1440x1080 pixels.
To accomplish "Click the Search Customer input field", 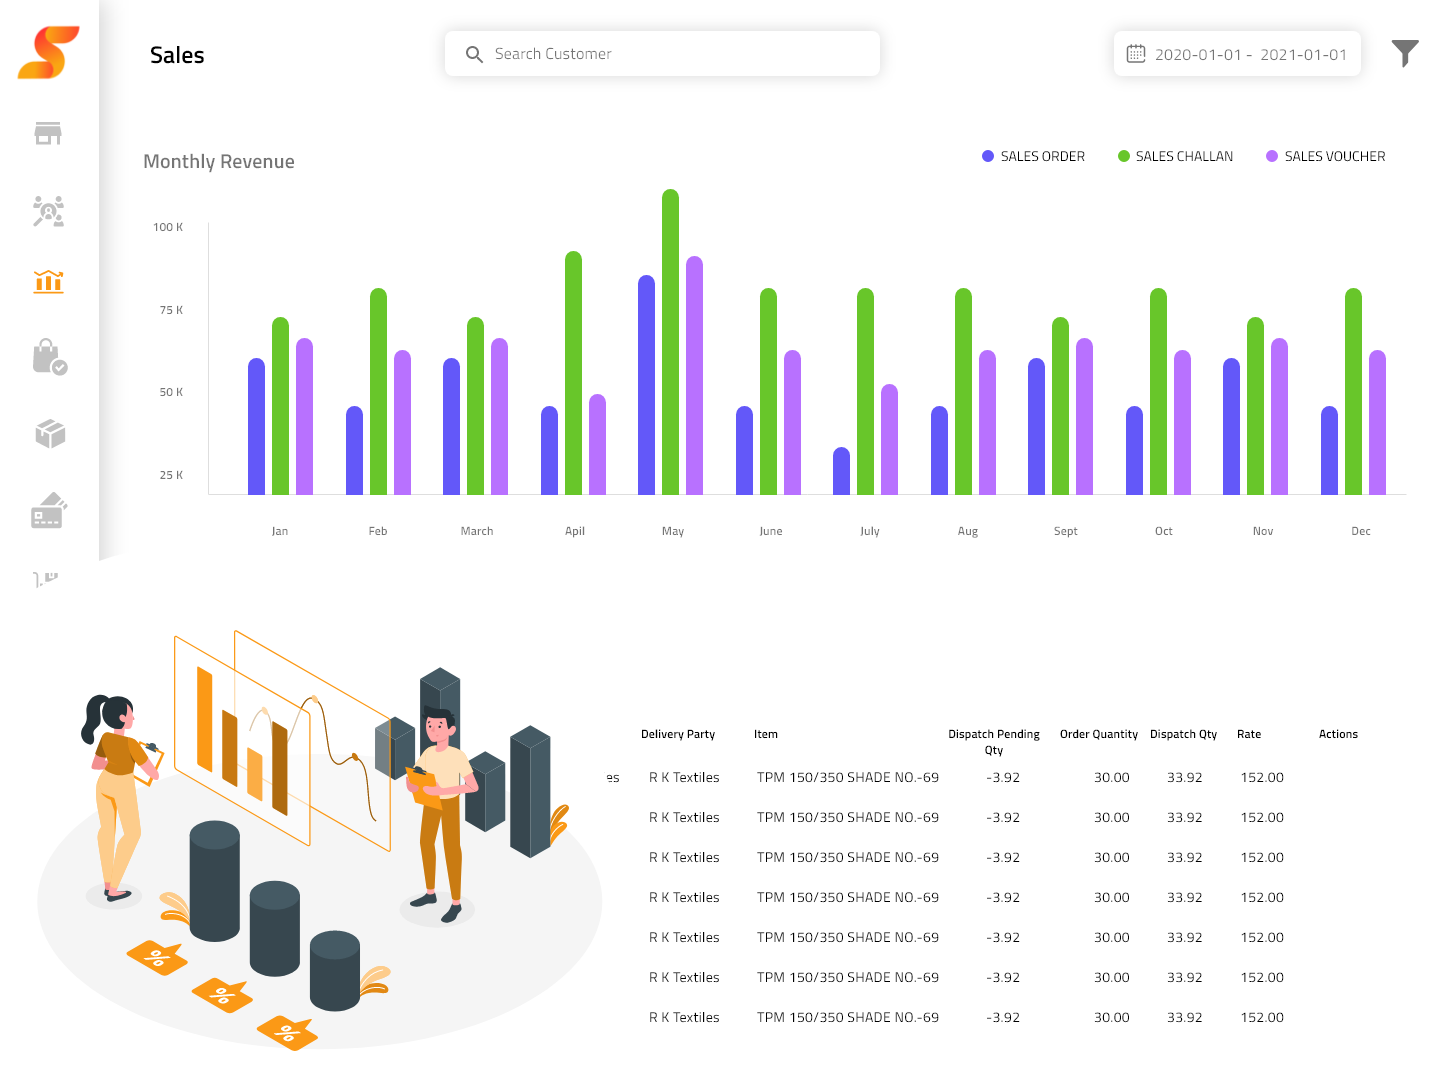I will (662, 54).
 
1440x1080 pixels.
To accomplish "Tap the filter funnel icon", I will (1405, 53).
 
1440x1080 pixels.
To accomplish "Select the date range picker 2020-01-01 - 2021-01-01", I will (1237, 54).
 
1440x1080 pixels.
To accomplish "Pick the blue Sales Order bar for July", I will (841, 472).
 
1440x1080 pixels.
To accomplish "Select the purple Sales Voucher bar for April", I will (597, 445).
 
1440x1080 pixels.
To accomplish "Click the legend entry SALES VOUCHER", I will (1326, 157).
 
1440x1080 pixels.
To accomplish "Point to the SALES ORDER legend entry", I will (1034, 157).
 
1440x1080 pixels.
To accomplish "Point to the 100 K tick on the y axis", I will (168, 228).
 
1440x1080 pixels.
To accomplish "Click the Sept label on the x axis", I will (1065, 531).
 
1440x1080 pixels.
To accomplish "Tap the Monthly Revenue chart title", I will (219, 162).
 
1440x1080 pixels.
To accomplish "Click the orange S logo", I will (48, 53).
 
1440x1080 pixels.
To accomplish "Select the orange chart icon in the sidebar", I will (48, 282).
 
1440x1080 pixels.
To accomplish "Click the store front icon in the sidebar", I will (48, 133).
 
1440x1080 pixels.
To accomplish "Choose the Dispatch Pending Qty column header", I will (993, 741).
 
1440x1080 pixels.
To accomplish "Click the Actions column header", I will (1337, 734).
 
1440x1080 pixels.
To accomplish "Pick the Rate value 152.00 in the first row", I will (1261, 777).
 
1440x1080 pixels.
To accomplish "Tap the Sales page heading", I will (177, 56).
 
